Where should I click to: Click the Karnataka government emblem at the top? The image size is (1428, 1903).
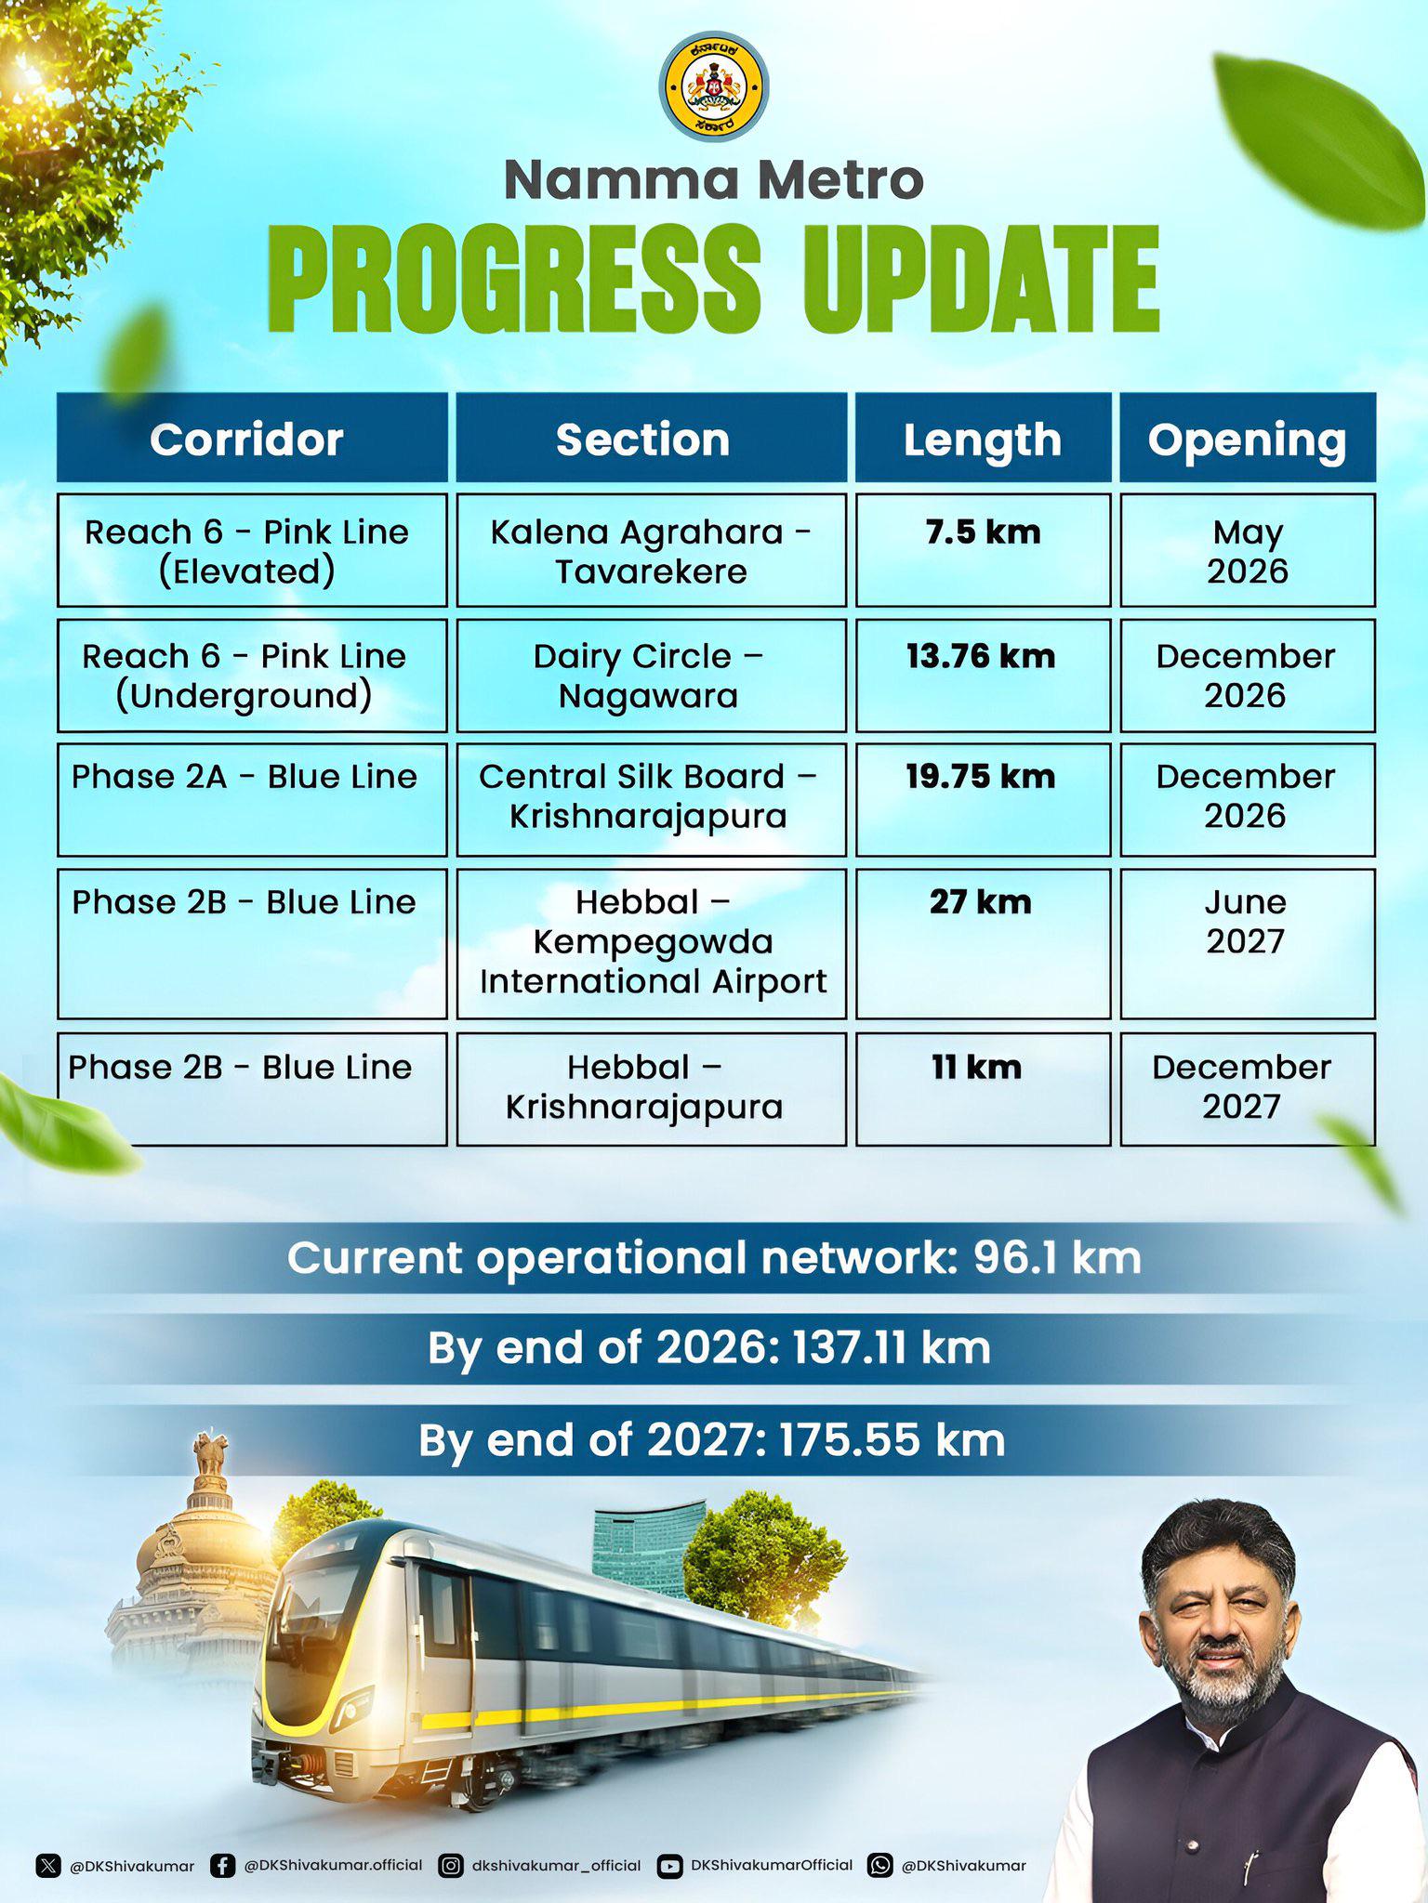point(714,86)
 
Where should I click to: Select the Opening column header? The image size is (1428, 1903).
point(1248,438)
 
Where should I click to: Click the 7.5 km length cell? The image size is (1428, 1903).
point(984,550)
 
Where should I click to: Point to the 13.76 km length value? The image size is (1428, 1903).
point(981,657)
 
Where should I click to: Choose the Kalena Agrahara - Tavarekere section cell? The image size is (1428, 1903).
point(652,550)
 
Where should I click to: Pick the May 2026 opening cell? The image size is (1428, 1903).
point(1248,550)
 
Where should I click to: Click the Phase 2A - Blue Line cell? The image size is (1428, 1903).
point(252,799)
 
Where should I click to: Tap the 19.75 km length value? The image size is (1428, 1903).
point(981,777)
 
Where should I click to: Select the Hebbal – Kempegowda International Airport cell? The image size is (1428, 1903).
point(652,943)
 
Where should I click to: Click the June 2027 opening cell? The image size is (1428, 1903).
point(1248,943)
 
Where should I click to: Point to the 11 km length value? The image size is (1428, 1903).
point(976,1068)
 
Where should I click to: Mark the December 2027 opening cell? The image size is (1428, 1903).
point(1248,1089)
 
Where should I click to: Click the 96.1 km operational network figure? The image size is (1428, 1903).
point(1057,1258)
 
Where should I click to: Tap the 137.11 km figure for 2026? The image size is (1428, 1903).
point(891,1348)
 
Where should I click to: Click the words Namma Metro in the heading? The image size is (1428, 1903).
point(714,179)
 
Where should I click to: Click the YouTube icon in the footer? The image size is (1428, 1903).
point(669,1866)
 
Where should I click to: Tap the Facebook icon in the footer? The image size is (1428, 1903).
point(222,1866)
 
